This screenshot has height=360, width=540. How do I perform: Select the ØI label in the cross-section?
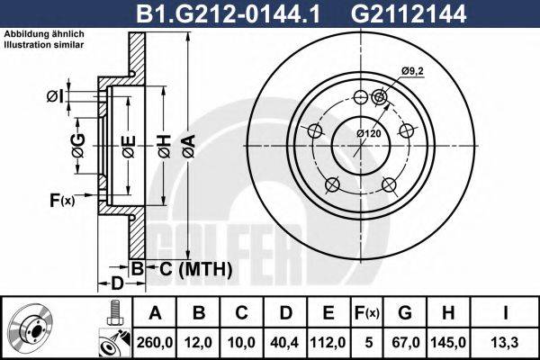coord(53,96)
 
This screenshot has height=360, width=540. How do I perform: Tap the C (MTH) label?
coord(184,269)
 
